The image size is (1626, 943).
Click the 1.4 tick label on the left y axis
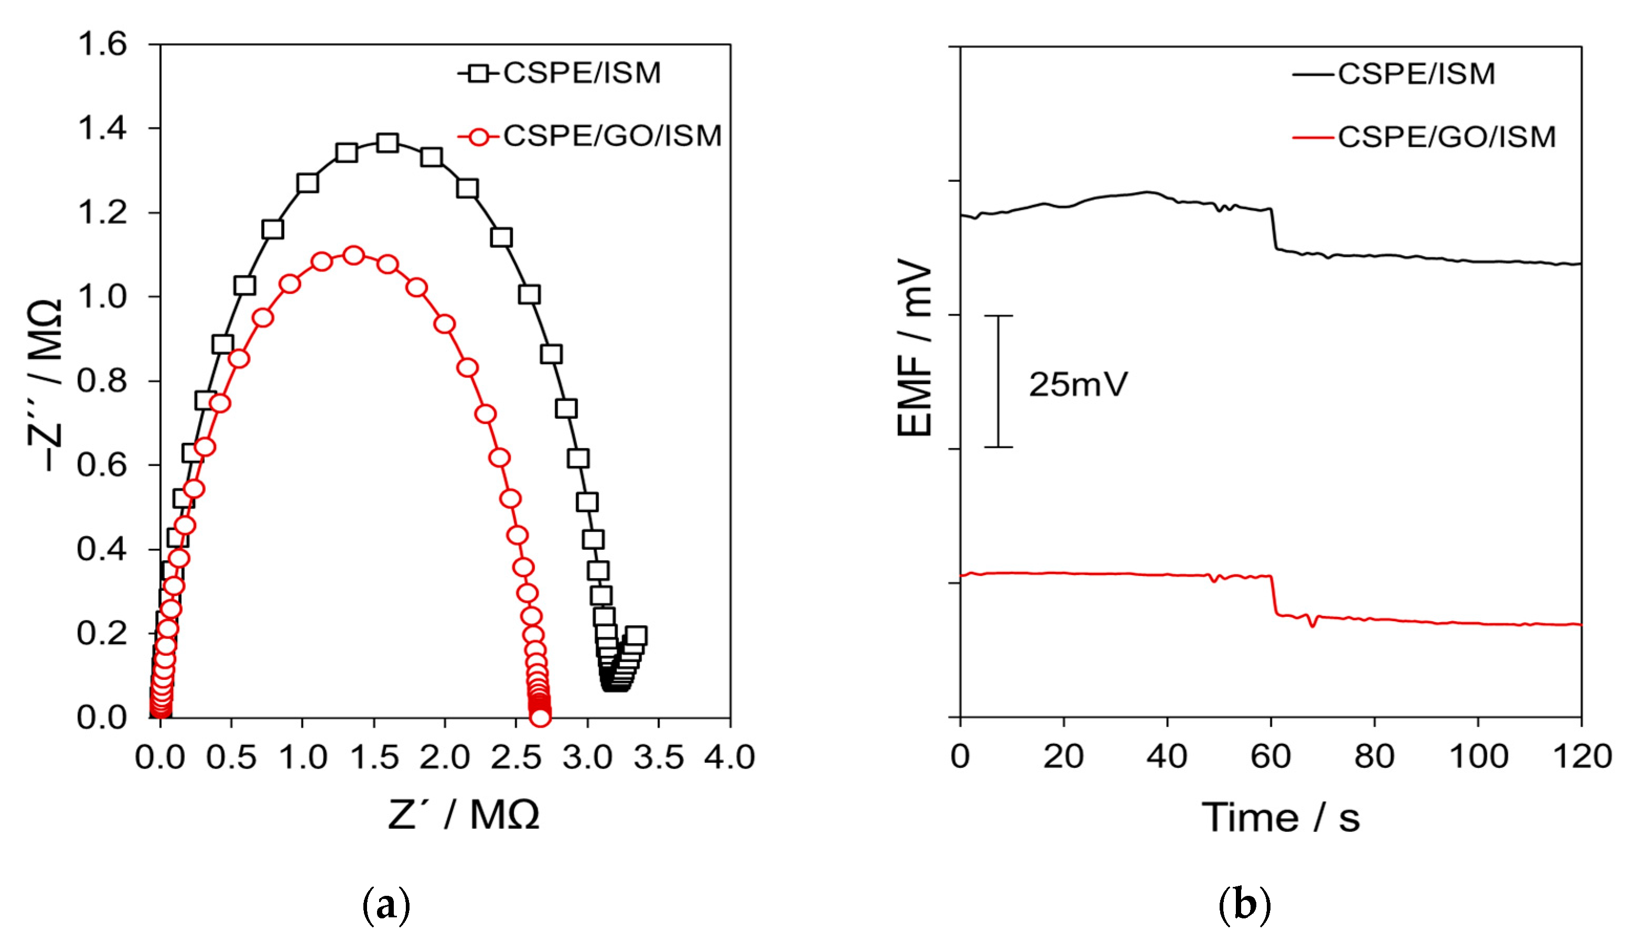pyautogui.click(x=102, y=128)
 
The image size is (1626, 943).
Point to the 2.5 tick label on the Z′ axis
pyautogui.click(x=515, y=756)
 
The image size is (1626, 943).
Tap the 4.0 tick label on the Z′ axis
pyautogui.click(x=730, y=756)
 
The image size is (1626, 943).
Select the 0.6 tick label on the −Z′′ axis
pyautogui.click(x=102, y=465)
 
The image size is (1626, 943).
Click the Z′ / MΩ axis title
pyautogui.click(x=464, y=815)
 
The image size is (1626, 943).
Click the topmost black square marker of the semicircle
pyautogui.click(x=387, y=143)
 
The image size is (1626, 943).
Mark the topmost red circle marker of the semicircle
pyautogui.click(x=353, y=255)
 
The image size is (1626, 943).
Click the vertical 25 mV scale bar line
pyautogui.click(x=998, y=381)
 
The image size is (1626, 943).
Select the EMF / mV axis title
pyautogui.click(x=915, y=348)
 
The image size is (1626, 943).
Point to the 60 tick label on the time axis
pyautogui.click(x=1270, y=756)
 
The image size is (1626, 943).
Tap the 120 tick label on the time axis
pyautogui.click(x=1581, y=756)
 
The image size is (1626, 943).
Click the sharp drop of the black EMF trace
pyautogui.click(x=1274, y=229)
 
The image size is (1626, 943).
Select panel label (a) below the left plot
pyautogui.click(x=386, y=906)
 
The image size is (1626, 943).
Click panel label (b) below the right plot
pyautogui.click(x=1245, y=906)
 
